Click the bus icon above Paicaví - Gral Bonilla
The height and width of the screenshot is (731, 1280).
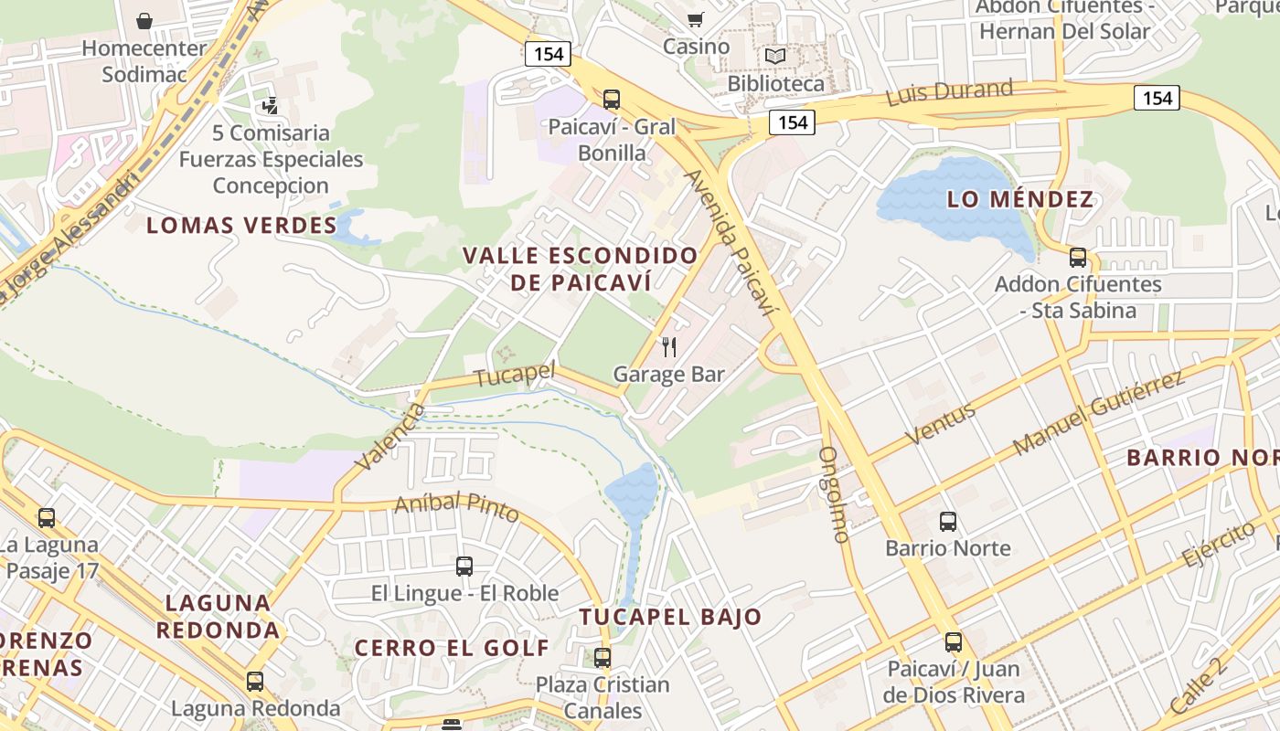pos(612,99)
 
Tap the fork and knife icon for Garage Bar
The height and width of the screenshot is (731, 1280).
pos(669,346)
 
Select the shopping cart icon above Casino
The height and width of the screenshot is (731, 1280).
pos(696,19)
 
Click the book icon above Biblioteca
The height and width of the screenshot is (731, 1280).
pos(775,57)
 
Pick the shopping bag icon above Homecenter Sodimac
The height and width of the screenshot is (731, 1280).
pos(144,20)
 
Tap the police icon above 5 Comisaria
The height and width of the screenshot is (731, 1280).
pos(270,106)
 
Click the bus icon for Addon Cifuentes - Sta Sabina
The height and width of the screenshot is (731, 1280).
pos(1078,258)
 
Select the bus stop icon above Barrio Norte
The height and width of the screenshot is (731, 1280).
pos(948,522)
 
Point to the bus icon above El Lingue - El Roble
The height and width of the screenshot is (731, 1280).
pos(464,566)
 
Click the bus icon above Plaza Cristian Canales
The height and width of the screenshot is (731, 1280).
pos(603,657)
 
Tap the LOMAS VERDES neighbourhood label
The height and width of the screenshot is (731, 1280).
pos(241,226)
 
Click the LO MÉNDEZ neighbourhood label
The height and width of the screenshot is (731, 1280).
pos(1020,199)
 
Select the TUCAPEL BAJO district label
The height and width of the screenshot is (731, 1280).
pos(670,617)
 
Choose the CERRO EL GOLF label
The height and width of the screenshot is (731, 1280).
pos(452,649)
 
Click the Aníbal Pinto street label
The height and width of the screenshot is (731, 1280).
pos(456,507)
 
